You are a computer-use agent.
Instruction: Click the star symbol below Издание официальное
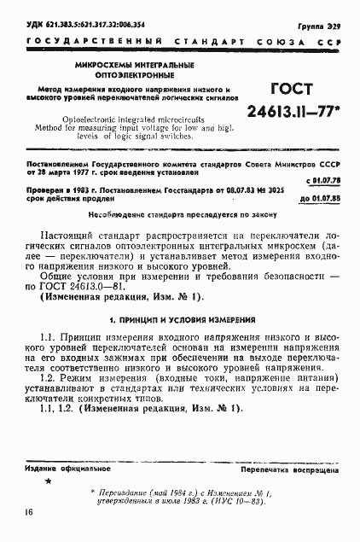48,483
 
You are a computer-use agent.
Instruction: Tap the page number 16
30,512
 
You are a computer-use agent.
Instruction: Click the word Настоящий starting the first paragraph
71,231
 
